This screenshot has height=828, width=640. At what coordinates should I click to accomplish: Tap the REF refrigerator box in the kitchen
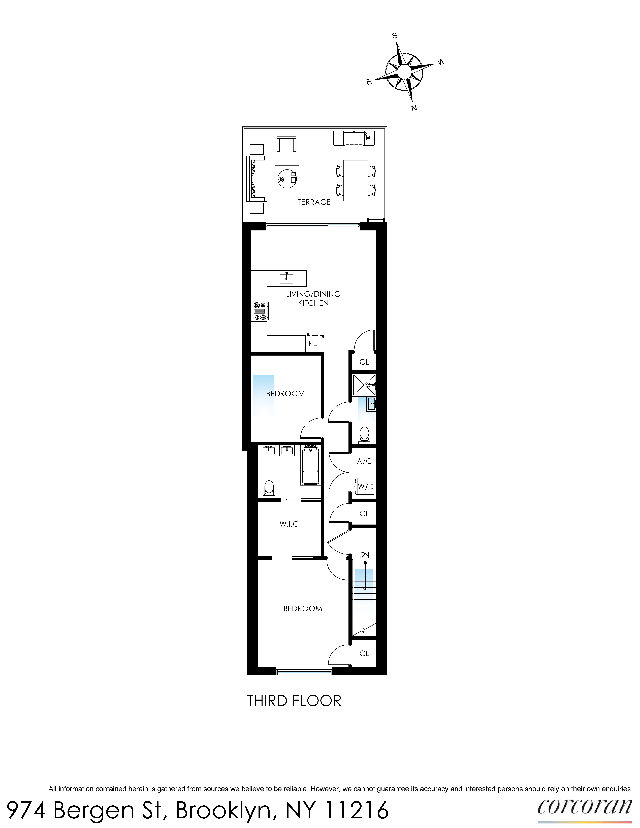(x=315, y=343)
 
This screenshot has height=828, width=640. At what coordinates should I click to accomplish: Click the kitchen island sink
(x=286, y=279)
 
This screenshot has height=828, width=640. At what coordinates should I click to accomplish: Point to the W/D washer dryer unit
(x=365, y=486)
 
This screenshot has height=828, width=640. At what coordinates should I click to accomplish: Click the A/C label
(x=364, y=461)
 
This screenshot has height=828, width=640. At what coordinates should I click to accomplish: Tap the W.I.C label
(x=289, y=524)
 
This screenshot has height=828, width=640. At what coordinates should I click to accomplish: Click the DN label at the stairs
(x=364, y=555)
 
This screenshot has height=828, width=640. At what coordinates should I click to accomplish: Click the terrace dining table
(x=356, y=180)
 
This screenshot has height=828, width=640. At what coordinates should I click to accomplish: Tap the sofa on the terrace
(x=257, y=179)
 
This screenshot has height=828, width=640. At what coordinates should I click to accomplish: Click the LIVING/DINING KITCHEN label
(x=313, y=298)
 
